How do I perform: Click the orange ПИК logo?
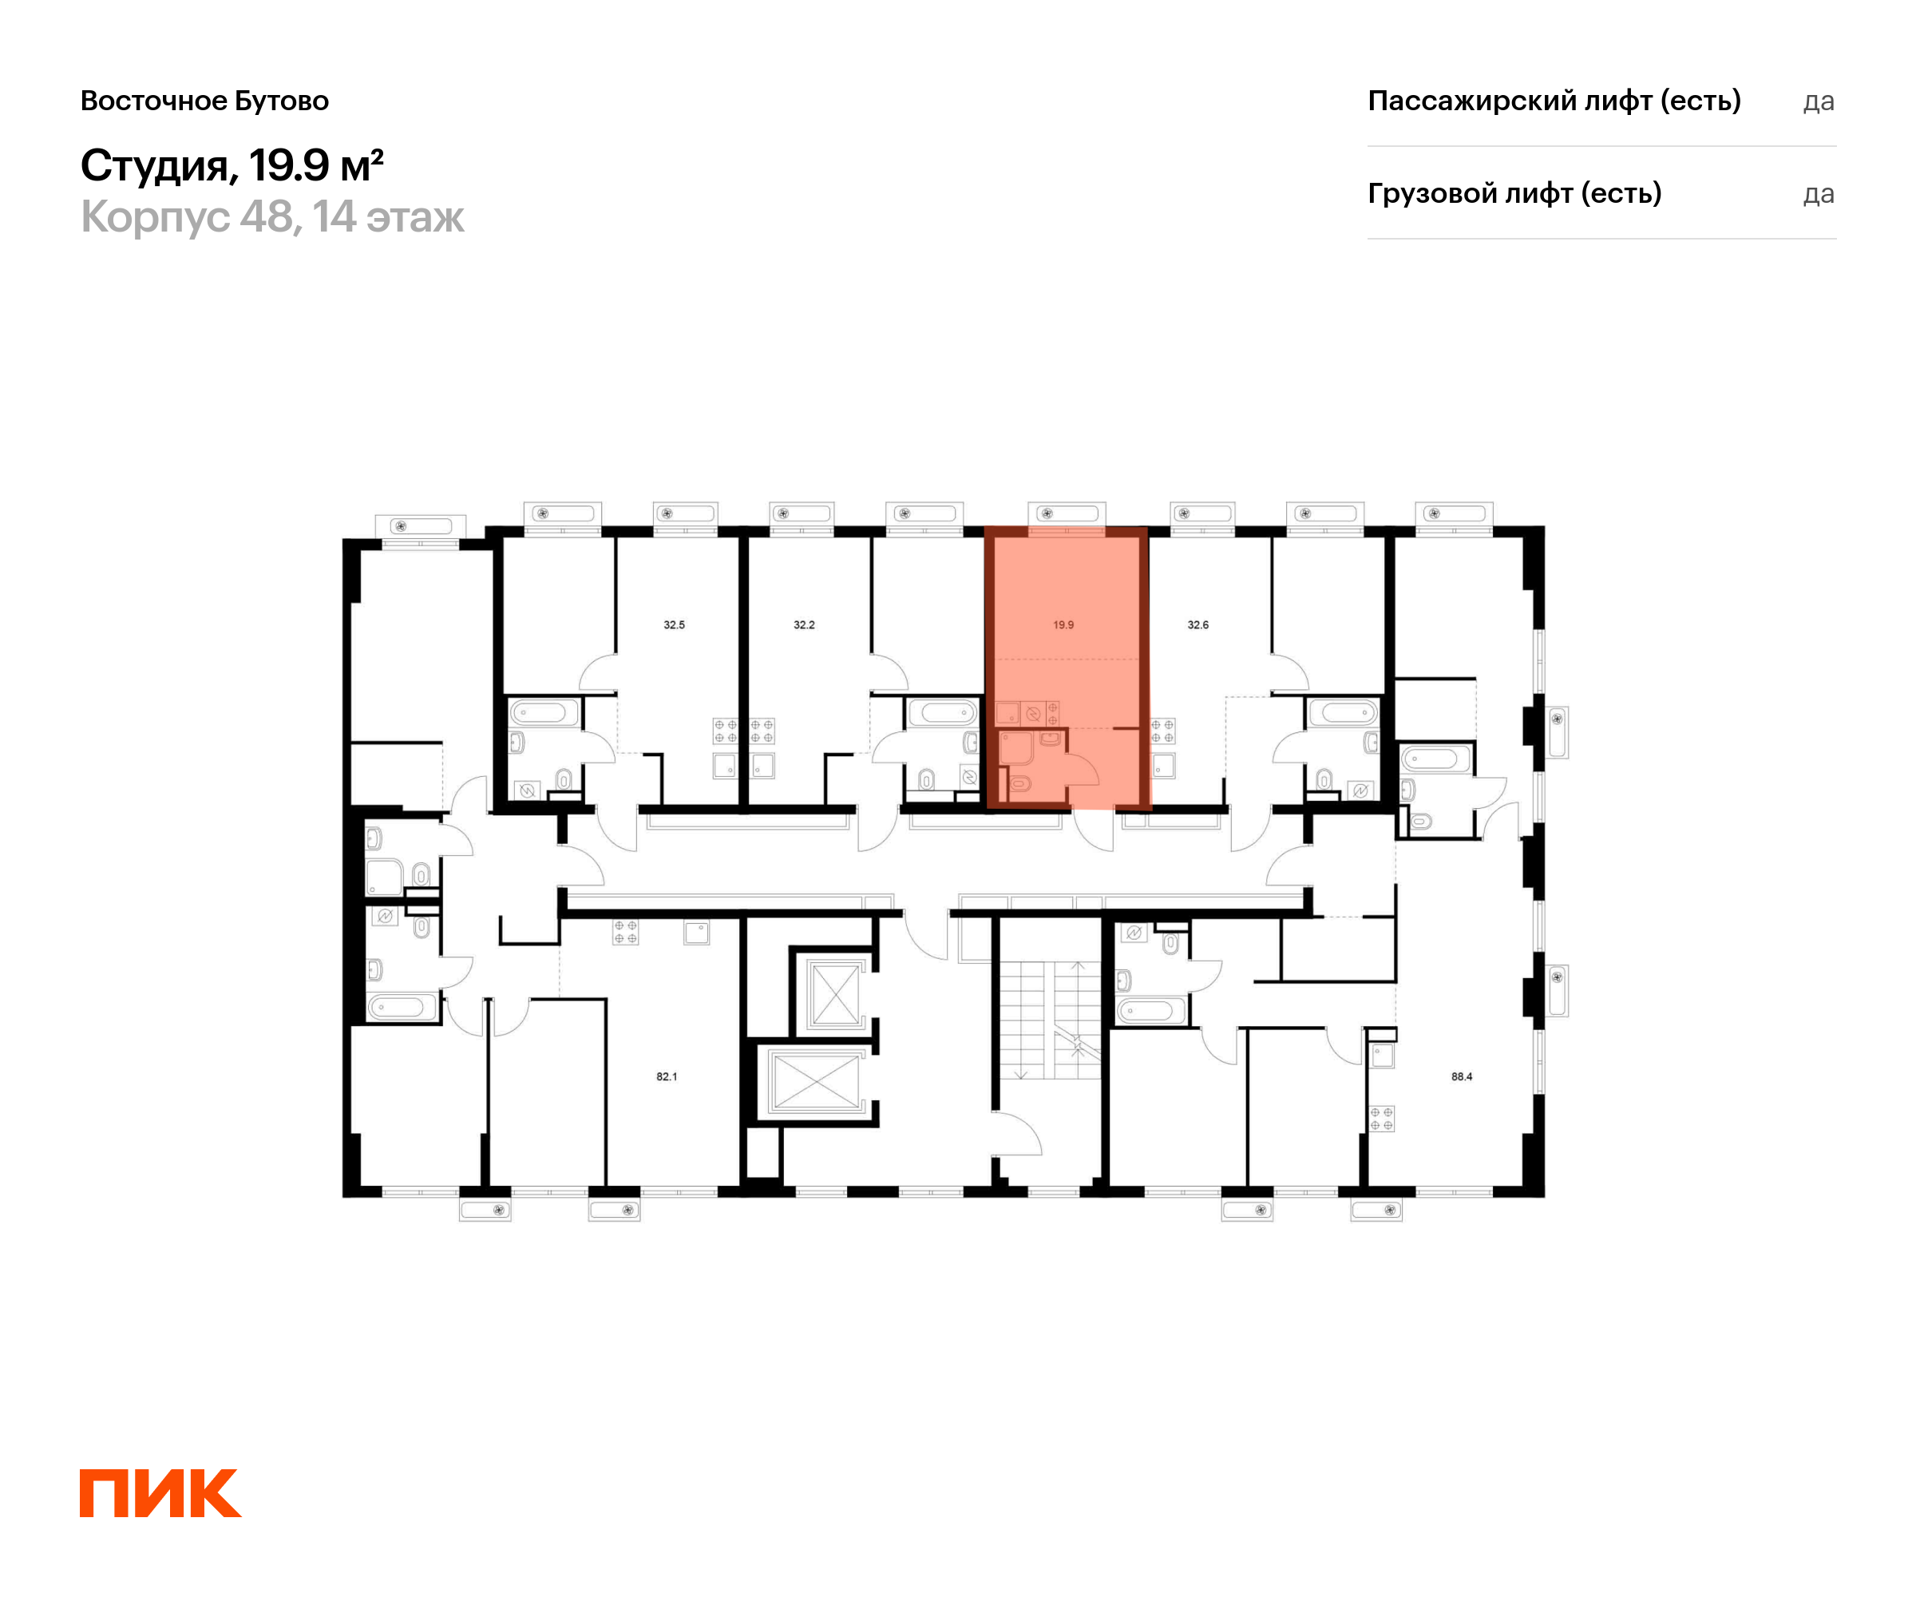(x=160, y=1494)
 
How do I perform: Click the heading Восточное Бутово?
(x=204, y=101)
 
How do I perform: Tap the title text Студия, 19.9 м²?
(x=232, y=165)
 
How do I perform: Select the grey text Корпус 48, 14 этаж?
(x=272, y=217)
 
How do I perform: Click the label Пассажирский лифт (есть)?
(x=1554, y=101)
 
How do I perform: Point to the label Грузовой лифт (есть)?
(x=1514, y=193)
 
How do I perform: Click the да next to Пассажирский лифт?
(x=1819, y=101)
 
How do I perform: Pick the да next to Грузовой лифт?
(x=1819, y=194)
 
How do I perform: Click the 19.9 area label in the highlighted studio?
(x=1063, y=625)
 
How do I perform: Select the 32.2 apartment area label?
(x=804, y=625)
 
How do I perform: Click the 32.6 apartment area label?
(x=1198, y=625)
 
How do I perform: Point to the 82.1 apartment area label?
(x=667, y=1077)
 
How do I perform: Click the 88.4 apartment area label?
(x=1462, y=1077)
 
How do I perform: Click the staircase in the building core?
(x=1050, y=1020)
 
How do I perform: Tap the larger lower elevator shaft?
(x=816, y=1082)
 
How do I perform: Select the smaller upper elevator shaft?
(x=836, y=995)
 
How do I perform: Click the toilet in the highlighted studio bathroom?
(x=1019, y=783)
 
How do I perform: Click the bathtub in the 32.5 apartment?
(x=544, y=711)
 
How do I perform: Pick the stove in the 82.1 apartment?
(x=625, y=932)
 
